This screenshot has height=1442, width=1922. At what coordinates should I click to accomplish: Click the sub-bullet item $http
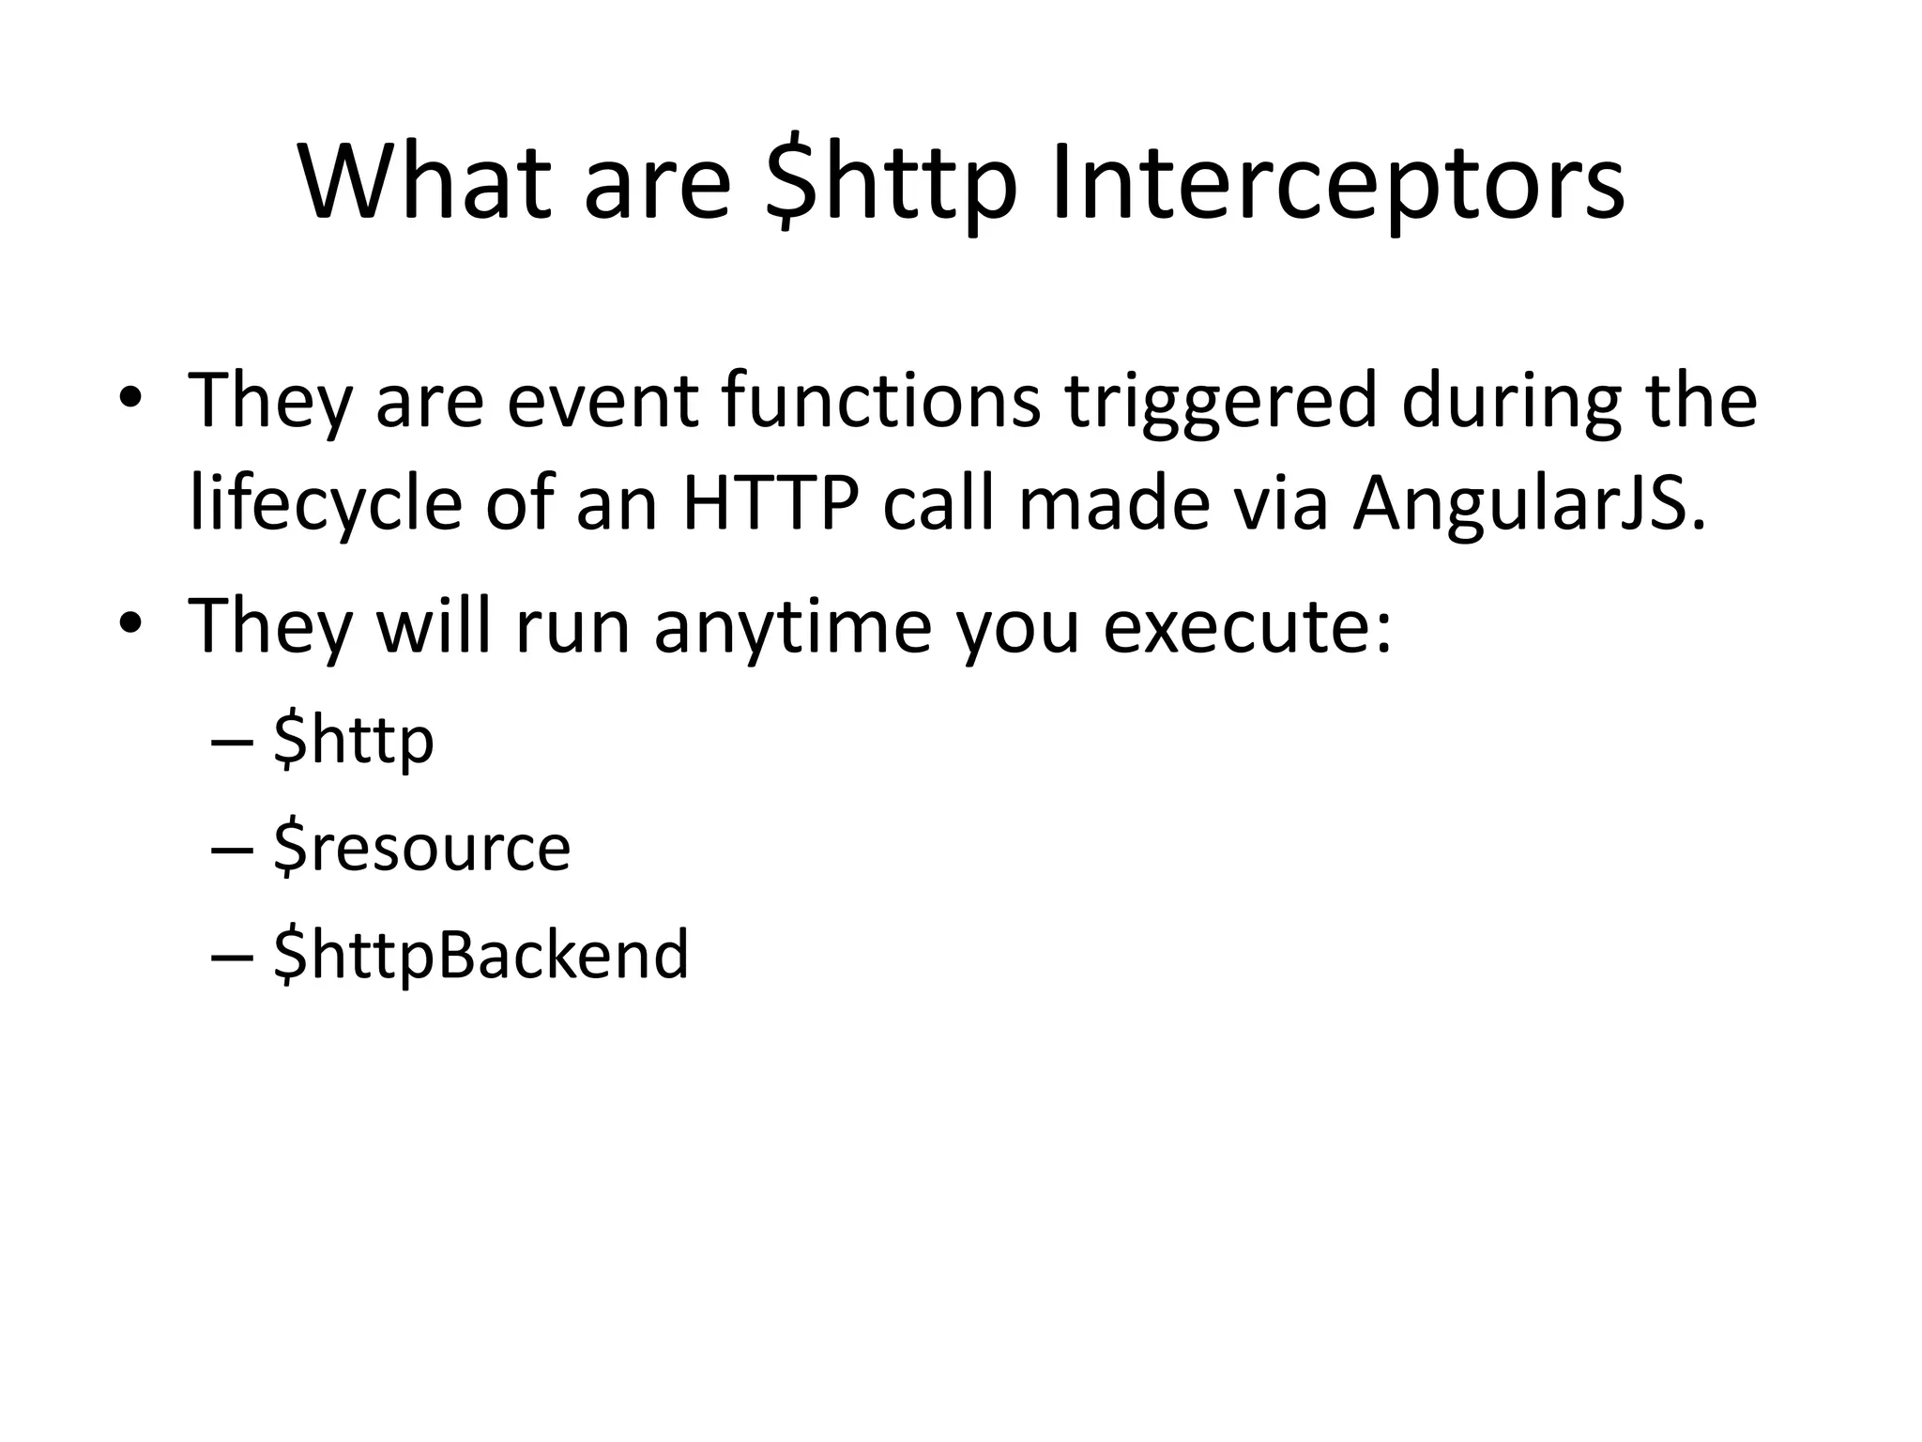pyautogui.click(x=354, y=741)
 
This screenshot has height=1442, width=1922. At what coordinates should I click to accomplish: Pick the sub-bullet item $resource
pyautogui.click(x=421, y=848)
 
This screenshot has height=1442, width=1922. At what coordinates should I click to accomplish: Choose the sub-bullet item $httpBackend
pyautogui.click(x=480, y=955)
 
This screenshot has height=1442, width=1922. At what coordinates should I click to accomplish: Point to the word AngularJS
pyautogui.click(x=1528, y=505)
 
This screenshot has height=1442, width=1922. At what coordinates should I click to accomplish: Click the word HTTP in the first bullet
pyautogui.click(x=770, y=505)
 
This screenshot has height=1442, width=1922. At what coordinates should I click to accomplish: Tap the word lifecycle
pyautogui.click(x=326, y=505)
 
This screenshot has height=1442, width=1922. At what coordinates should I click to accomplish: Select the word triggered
pyautogui.click(x=1221, y=401)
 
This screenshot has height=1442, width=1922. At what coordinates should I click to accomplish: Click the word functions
pyautogui.click(x=881, y=401)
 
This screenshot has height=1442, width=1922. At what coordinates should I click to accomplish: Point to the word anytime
pyautogui.click(x=793, y=627)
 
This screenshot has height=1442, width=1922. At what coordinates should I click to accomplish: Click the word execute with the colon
pyautogui.click(x=1247, y=627)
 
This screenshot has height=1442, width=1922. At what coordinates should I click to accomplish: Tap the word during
pyautogui.click(x=1512, y=401)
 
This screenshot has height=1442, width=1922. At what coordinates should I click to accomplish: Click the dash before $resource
pyautogui.click(x=232, y=849)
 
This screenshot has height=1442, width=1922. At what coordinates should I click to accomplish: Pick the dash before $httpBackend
pyautogui.click(x=232, y=956)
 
